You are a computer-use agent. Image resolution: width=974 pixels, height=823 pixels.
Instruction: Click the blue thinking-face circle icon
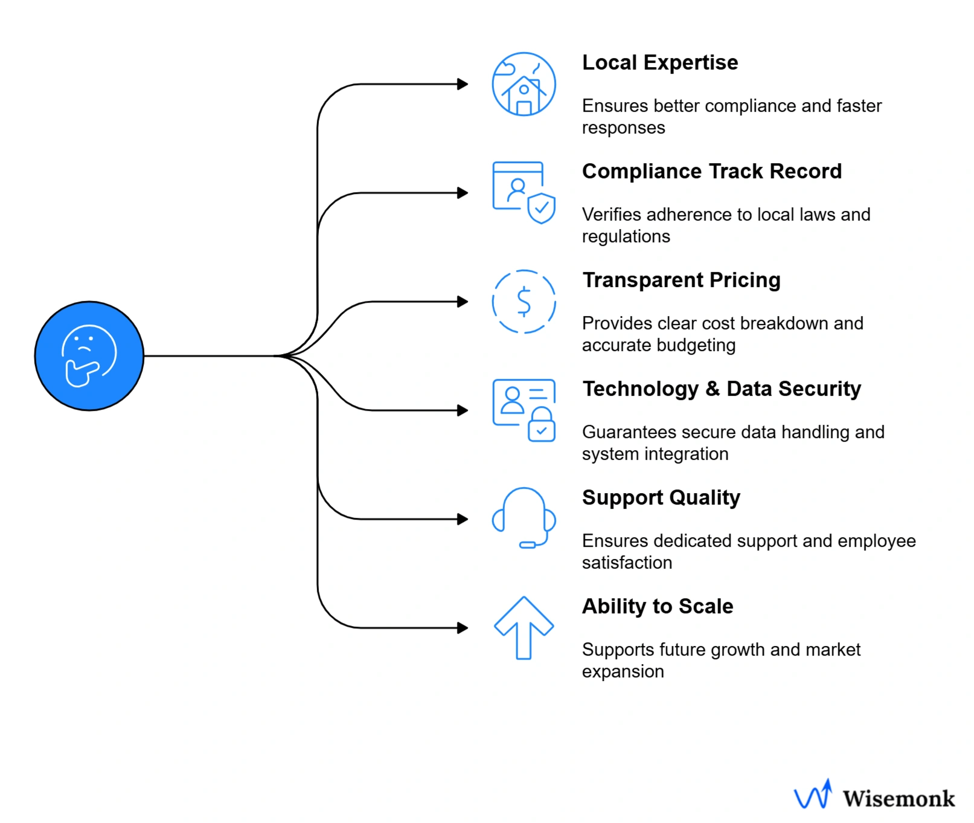[89, 356]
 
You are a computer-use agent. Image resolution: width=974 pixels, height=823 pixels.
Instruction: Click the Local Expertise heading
[659, 63]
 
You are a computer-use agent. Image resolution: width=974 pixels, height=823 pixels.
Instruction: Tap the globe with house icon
[524, 84]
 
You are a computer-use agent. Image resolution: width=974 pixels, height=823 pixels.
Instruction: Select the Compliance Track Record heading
[711, 172]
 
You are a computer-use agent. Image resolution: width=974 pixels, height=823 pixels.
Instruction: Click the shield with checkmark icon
[541, 208]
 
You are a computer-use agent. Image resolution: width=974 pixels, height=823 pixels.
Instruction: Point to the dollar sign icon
[524, 302]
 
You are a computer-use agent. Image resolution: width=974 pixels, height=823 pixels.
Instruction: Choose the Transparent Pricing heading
[681, 280]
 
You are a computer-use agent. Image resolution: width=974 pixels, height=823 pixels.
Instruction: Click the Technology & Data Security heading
[721, 389]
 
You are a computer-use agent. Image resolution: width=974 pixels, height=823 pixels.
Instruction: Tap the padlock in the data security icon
[541, 425]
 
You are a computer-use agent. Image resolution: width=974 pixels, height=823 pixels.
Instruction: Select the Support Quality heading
[661, 498]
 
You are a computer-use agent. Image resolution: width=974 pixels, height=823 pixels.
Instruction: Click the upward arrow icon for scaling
[524, 628]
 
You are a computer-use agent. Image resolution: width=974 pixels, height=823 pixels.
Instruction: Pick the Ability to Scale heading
[657, 607]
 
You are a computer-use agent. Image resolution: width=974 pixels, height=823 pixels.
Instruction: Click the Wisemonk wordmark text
[899, 799]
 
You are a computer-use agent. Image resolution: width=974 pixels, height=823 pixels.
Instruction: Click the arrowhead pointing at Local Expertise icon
[463, 84]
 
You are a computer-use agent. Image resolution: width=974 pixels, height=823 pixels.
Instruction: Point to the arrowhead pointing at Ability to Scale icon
[463, 628]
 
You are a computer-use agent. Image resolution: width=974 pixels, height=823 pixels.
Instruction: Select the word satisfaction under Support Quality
[627, 563]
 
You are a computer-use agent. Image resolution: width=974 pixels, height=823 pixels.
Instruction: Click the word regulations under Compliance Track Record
[626, 237]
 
